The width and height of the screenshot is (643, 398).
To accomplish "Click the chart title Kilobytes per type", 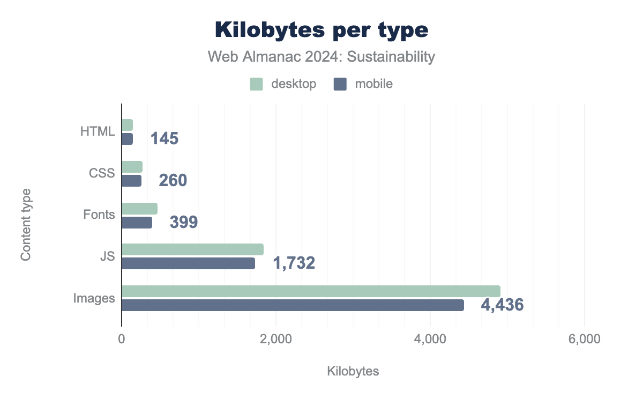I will coord(322,31).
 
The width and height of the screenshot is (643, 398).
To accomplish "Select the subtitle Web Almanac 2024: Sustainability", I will coord(321,57).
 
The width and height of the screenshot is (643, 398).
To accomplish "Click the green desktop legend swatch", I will coord(256,84).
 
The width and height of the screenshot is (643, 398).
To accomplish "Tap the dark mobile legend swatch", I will coord(340,84).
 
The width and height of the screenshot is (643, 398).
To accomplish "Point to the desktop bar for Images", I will coord(311,291).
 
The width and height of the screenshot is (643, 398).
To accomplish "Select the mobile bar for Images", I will coord(293,305).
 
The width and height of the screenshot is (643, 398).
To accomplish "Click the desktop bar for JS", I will coord(192,249).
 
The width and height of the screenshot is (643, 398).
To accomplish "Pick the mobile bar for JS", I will coord(188,263).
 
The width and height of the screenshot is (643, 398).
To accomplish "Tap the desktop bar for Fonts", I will coord(139,209).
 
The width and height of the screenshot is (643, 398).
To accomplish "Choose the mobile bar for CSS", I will coord(131,181).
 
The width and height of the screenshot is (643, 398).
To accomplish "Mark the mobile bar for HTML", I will coord(127,139).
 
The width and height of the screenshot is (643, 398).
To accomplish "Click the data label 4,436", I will coord(502,305).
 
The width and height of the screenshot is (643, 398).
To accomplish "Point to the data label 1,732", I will coord(294,263).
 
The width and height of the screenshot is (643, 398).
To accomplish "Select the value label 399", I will coord(184,222).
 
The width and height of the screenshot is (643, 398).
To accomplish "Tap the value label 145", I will coord(165,139).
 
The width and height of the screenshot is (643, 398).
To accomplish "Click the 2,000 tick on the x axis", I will coord(276,340).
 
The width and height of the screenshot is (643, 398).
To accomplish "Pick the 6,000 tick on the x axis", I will coord(584,340).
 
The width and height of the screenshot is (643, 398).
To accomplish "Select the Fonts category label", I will coord(99,215).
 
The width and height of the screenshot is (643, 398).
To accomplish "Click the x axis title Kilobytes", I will coord(353,371).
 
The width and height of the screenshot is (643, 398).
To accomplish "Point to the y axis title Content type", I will coord(26,224).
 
